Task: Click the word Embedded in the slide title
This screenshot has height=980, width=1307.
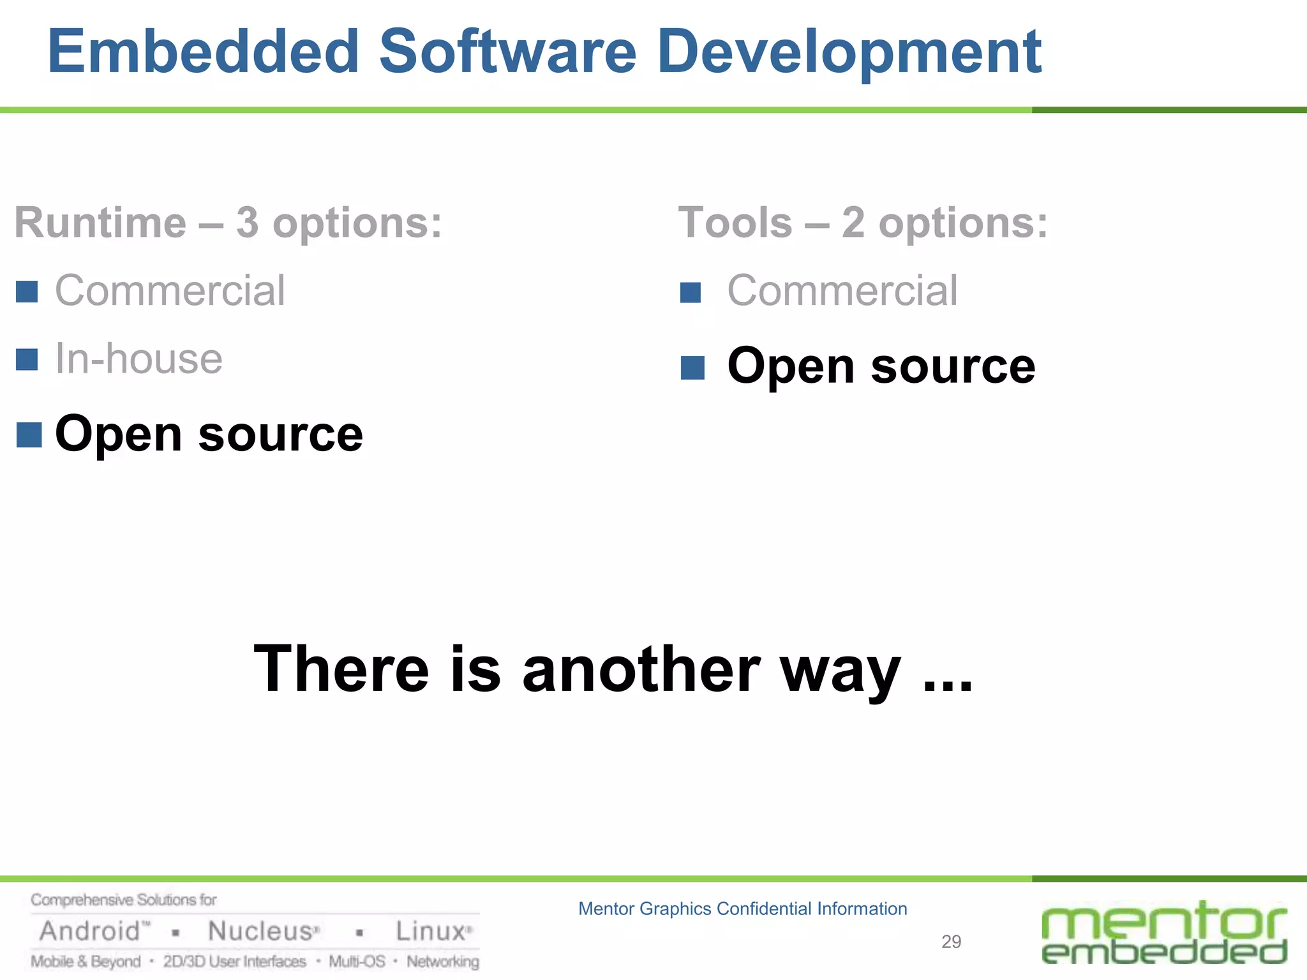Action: click(x=204, y=52)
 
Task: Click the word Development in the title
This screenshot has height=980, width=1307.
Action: click(x=849, y=52)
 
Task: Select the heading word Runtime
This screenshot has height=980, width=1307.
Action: click(x=100, y=223)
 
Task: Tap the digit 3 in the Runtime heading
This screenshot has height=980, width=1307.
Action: click(x=247, y=223)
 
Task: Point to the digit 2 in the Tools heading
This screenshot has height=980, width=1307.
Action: click(x=853, y=223)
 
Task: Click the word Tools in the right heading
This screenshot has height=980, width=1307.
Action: click(x=735, y=223)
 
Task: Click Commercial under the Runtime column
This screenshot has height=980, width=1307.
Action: click(x=170, y=291)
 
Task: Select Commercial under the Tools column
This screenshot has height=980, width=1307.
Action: click(x=842, y=291)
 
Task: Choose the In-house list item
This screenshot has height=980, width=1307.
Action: click(x=138, y=359)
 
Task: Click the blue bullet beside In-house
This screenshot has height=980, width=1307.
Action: click(x=27, y=360)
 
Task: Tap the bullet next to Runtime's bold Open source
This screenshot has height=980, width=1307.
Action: click(x=29, y=435)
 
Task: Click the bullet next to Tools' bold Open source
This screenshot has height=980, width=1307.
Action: click(x=692, y=367)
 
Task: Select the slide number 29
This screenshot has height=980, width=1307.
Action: click(x=951, y=942)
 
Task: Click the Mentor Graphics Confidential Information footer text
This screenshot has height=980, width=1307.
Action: click(x=742, y=909)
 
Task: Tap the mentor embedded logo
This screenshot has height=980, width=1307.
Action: click(x=1164, y=933)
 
